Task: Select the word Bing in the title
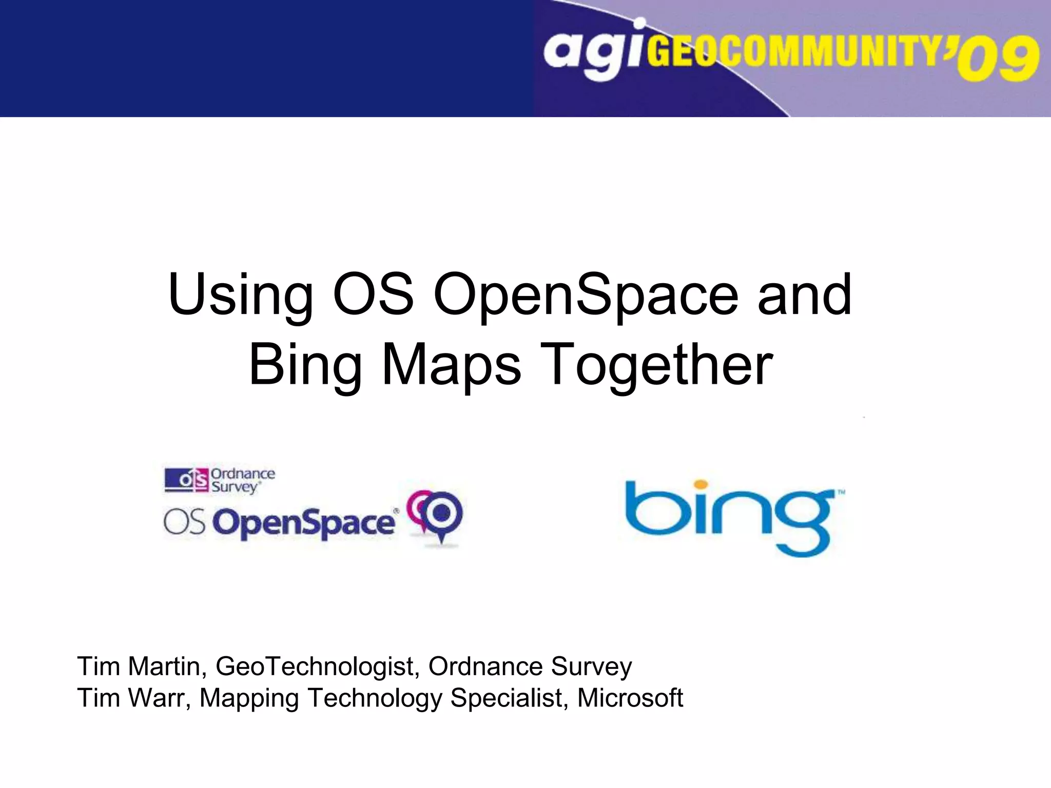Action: coord(305,365)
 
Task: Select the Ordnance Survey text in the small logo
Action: coord(242,480)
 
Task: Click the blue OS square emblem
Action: coord(187,480)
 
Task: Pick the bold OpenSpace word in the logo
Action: coord(304,523)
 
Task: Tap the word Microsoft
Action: coord(630,698)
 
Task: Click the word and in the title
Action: coord(804,296)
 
